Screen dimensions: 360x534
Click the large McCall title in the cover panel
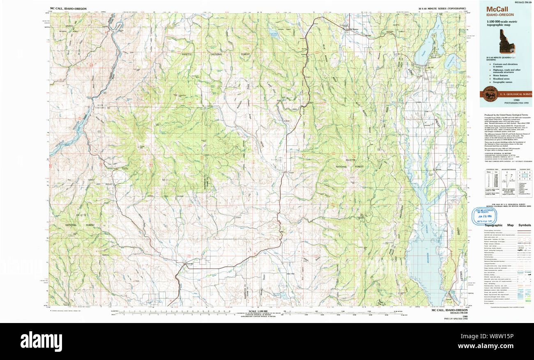498,9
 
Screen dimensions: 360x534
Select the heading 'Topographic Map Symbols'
507,225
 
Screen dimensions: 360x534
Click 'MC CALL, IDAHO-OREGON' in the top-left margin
68,8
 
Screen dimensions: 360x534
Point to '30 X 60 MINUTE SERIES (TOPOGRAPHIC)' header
442,8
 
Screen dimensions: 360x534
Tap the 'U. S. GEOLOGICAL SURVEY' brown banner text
516,94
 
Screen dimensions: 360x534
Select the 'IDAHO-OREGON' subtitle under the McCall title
500,15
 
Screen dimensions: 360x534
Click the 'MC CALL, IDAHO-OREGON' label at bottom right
450,310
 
